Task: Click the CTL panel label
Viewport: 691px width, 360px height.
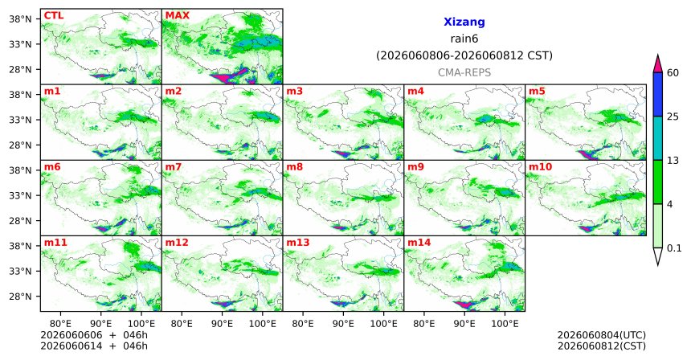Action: point(53,15)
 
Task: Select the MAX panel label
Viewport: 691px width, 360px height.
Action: point(177,15)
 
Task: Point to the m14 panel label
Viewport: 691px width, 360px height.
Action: point(419,243)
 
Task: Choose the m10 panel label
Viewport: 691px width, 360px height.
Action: point(540,167)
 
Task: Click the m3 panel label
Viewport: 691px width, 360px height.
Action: point(294,92)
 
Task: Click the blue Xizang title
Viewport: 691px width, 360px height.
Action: point(464,22)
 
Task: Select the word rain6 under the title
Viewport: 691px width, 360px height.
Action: point(464,39)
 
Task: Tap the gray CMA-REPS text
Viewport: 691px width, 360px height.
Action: point(464,72)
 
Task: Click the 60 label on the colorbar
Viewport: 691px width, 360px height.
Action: point(673,72)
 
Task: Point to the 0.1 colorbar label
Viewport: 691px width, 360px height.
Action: point(674,248)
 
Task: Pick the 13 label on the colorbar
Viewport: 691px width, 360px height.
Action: point(673,161)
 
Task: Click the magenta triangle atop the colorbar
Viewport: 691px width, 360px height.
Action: point(658,64)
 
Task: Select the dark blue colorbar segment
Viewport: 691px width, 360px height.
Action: point(658,94)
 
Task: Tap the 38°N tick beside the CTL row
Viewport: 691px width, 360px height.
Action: point(20,19)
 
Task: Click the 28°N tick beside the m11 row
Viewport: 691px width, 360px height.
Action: point(20,297)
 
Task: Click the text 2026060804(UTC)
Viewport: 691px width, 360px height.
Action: point(602,336)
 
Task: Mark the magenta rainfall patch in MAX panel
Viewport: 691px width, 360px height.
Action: point(228,78)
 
